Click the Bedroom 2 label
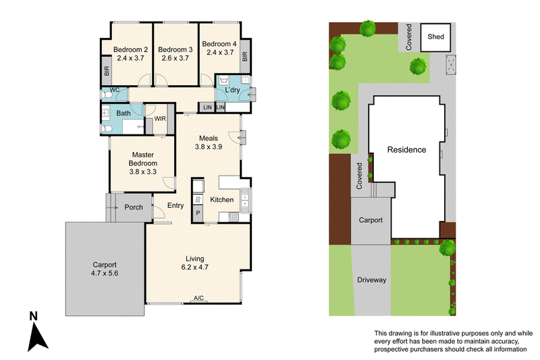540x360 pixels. (130, 49)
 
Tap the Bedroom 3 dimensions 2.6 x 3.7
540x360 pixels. (175, 58)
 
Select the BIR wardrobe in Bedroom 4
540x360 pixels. (245, 56)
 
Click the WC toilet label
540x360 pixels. (115, 90)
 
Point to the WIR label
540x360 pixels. (160, 119)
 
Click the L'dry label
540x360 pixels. (232, 90)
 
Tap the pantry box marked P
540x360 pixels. (198, 213)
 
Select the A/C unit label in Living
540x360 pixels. (198, 298)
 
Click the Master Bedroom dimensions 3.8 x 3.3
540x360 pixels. (143, 172)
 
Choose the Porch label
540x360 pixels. (134, 207)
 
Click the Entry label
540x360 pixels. (175, 205)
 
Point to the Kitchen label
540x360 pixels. (222, 199)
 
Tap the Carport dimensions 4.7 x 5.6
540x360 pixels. (105, 273)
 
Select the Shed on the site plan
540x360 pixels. (435, 38)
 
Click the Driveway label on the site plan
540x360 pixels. (372, 280)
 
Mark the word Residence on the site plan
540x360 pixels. (407, 149)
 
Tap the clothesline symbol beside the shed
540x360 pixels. (451, 64)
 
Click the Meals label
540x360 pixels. (209, 138)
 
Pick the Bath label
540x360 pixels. (124, 113)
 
